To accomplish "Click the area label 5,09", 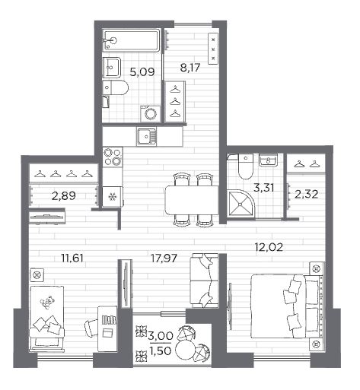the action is click(x=142, y=72).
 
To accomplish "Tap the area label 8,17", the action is click(x=190, y=68).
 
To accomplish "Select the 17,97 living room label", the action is click(x=164, y=258).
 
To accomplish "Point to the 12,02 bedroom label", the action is click(x=269, y=247).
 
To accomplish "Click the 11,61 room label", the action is click(x=72, y=258).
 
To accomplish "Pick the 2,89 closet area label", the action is click(x=64, y=195).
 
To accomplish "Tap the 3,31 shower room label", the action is click(x=264, y=188).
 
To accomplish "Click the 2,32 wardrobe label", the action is click(x=307, y=195).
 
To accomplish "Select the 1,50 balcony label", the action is click(x=161, y=350).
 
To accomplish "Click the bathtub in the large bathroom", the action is click(x=132, y=40).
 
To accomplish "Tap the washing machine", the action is click(x=151, y=113).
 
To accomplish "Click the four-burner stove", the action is click(x=113, y=157).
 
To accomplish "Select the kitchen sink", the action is click(x=147, y=136).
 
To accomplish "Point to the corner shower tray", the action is click(x=241, y=204).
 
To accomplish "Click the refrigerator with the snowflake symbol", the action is click(x=113, y=197).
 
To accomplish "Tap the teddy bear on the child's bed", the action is click(x=47, y=302).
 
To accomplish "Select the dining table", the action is click(x=192, y=200).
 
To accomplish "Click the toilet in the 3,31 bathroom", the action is click(x=246, y=166).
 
